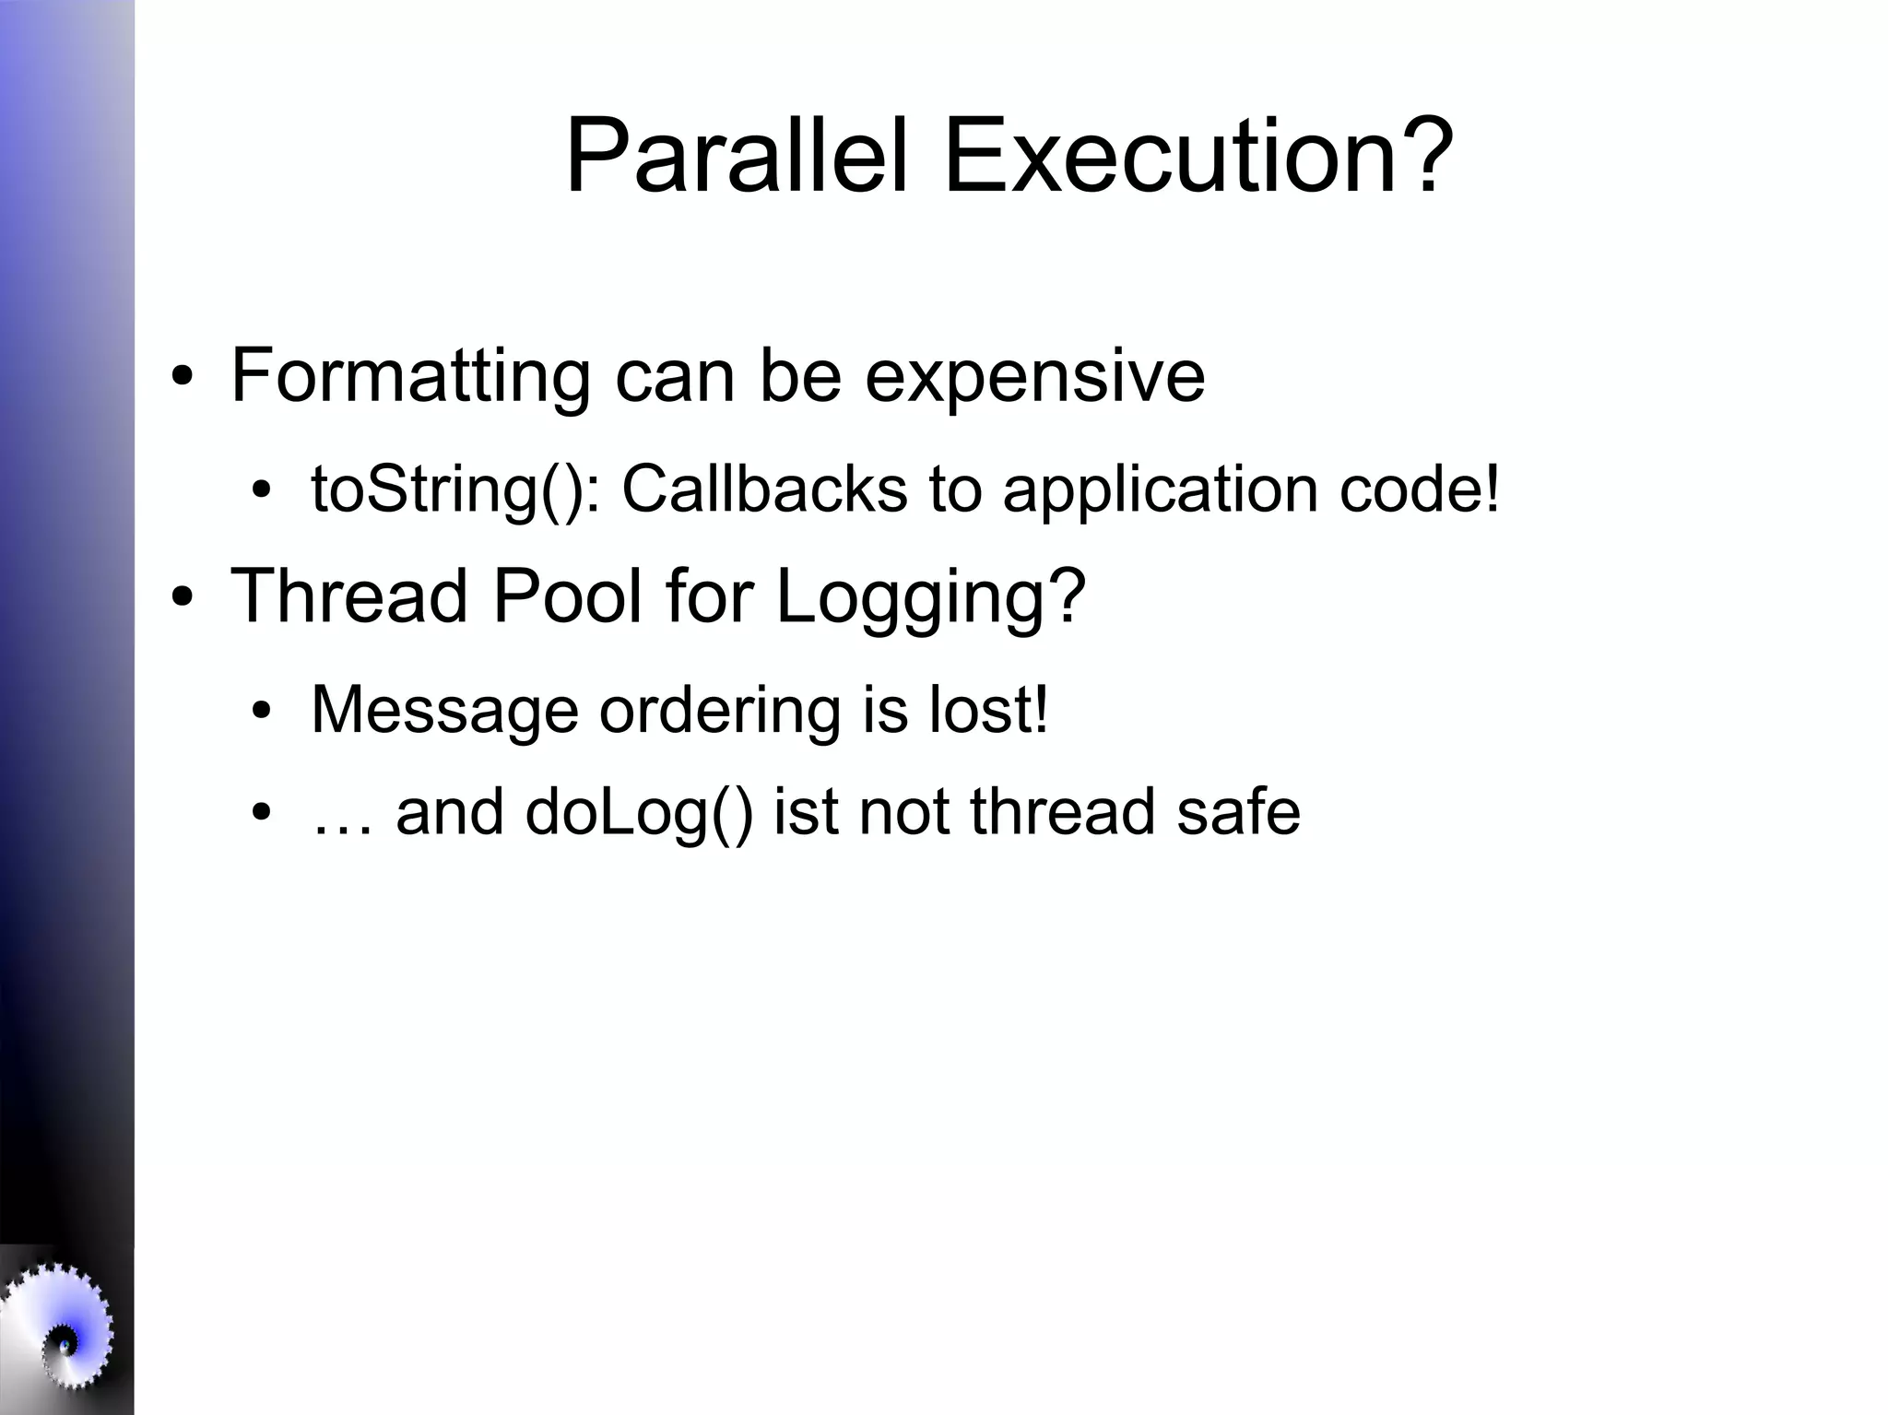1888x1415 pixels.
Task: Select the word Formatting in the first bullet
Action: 409,376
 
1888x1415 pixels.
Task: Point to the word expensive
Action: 1034,376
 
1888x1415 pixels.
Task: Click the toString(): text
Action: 455,489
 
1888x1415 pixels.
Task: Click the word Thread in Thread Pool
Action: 348,595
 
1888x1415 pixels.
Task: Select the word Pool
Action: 566,595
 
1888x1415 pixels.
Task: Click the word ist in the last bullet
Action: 805,812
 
